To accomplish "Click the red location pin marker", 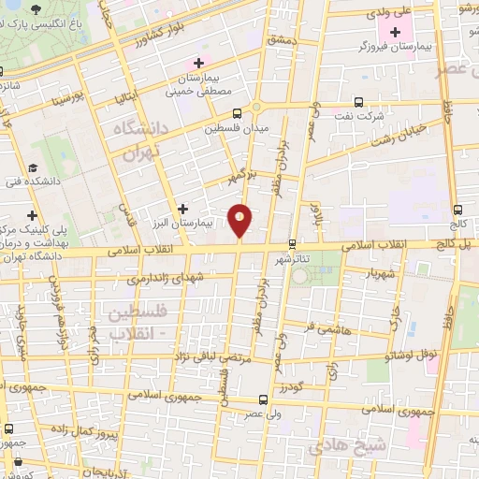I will (x=240, y=219).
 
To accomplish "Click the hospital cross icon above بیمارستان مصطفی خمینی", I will (x=198, y=62).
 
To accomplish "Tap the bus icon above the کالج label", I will (x=457, y=210).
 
